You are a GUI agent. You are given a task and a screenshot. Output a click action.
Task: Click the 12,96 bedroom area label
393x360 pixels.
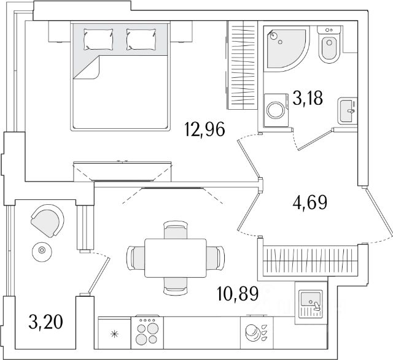[x=204, y=129]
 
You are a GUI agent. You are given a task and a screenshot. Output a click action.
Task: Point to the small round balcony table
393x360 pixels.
[x=42, y=250]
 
